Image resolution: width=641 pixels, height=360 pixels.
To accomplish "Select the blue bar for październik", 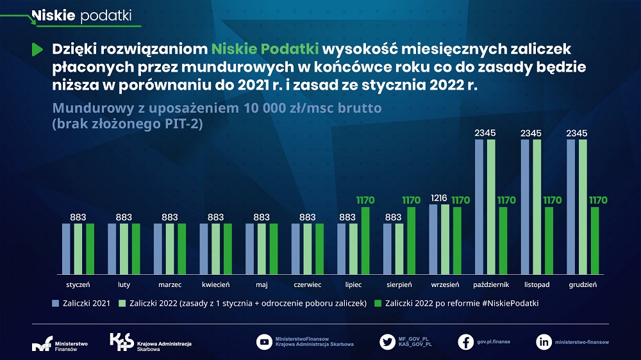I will point(479,206).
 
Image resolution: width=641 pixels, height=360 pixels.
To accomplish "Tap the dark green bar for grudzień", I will point(595,240).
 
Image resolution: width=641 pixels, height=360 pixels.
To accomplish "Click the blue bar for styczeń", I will point(65,249).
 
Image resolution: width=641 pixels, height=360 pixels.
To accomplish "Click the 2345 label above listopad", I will point(531,133).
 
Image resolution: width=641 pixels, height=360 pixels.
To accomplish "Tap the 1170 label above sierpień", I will point(411,200).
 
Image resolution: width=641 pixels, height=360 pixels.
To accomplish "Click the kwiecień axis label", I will point(215,284).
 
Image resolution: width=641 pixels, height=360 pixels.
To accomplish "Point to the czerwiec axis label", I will point(307,284).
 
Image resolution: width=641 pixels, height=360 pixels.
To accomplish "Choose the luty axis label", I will point(124,284).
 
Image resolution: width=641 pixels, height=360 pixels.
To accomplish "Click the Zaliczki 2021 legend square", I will point(56,303).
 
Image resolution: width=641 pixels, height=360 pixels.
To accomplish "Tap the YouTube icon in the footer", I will point(263,341).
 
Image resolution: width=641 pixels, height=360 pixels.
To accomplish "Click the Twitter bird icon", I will point(387,341).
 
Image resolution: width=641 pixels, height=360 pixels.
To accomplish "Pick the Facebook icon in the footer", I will point(466,341).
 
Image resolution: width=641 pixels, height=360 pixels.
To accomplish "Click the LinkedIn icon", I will point(544,341).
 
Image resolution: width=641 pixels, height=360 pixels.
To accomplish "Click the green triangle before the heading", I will point(37,49).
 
